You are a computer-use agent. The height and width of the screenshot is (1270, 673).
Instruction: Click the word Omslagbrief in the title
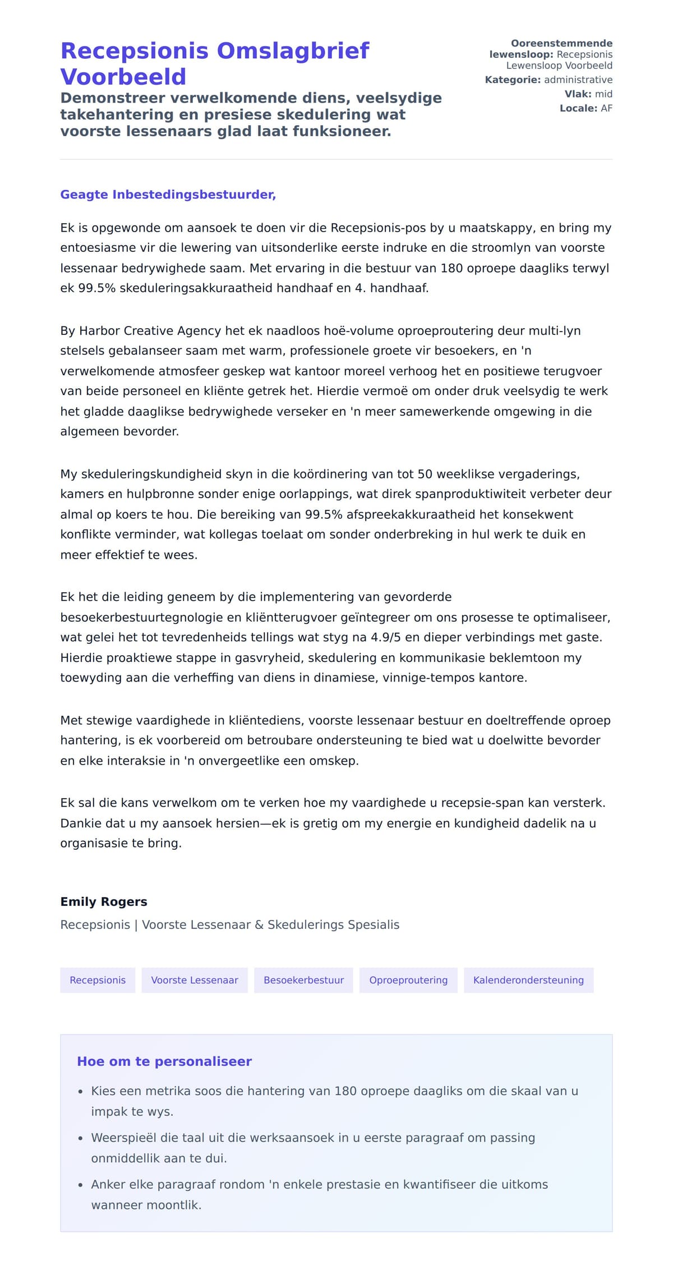click(x=293, y=51)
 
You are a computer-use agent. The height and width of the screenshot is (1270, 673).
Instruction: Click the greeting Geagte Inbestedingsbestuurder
click(x=168, y=195)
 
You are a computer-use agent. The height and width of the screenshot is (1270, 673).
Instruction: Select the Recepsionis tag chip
click(x=98, y=980)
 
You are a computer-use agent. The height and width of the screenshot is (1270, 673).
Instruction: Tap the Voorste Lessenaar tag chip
click(x=195, y=980)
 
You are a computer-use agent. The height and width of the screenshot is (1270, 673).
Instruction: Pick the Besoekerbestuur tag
click(x=303, y=980)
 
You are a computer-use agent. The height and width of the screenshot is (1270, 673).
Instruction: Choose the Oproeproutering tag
click(x=408, y=980)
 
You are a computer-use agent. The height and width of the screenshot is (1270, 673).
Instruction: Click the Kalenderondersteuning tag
click(x=528, y=980)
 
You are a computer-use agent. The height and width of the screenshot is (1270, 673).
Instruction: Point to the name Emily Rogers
click(x=104, y=901)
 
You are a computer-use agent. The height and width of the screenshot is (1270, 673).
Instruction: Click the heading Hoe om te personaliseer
click(x=164, y=1061)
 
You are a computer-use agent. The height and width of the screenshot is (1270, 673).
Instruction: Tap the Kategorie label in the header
click(x=513, y=80)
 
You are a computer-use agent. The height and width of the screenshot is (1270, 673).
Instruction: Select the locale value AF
click(x=606, y=108)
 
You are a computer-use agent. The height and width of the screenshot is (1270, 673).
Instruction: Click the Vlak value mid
click(x=603, y=94)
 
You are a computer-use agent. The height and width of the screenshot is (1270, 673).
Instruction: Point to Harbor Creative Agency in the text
click(x=150, y=330)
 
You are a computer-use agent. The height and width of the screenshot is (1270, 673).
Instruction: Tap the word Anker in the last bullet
click(x=108, y=1184)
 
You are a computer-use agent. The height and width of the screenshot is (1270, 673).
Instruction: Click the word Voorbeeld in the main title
click(x=123, y=77)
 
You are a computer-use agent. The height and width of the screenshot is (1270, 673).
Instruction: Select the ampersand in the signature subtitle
click(x=259, y=924)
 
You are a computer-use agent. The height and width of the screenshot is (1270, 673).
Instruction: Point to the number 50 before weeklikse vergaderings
click(x=425, y=474)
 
